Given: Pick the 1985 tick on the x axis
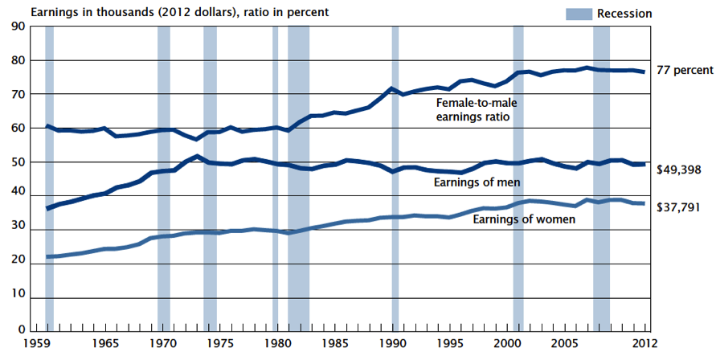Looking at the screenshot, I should (x=337, y=345).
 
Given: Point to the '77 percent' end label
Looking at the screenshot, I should (x=683, y=71).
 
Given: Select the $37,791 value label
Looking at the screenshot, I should (x=678, y=205).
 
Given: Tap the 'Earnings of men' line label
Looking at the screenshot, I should (x=478, y=182).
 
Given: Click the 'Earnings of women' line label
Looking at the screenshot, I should (x=523, y=219).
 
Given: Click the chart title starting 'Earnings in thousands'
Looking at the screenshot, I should (x=169, y=13).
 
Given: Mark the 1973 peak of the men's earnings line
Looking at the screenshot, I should (x=198, y=157).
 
